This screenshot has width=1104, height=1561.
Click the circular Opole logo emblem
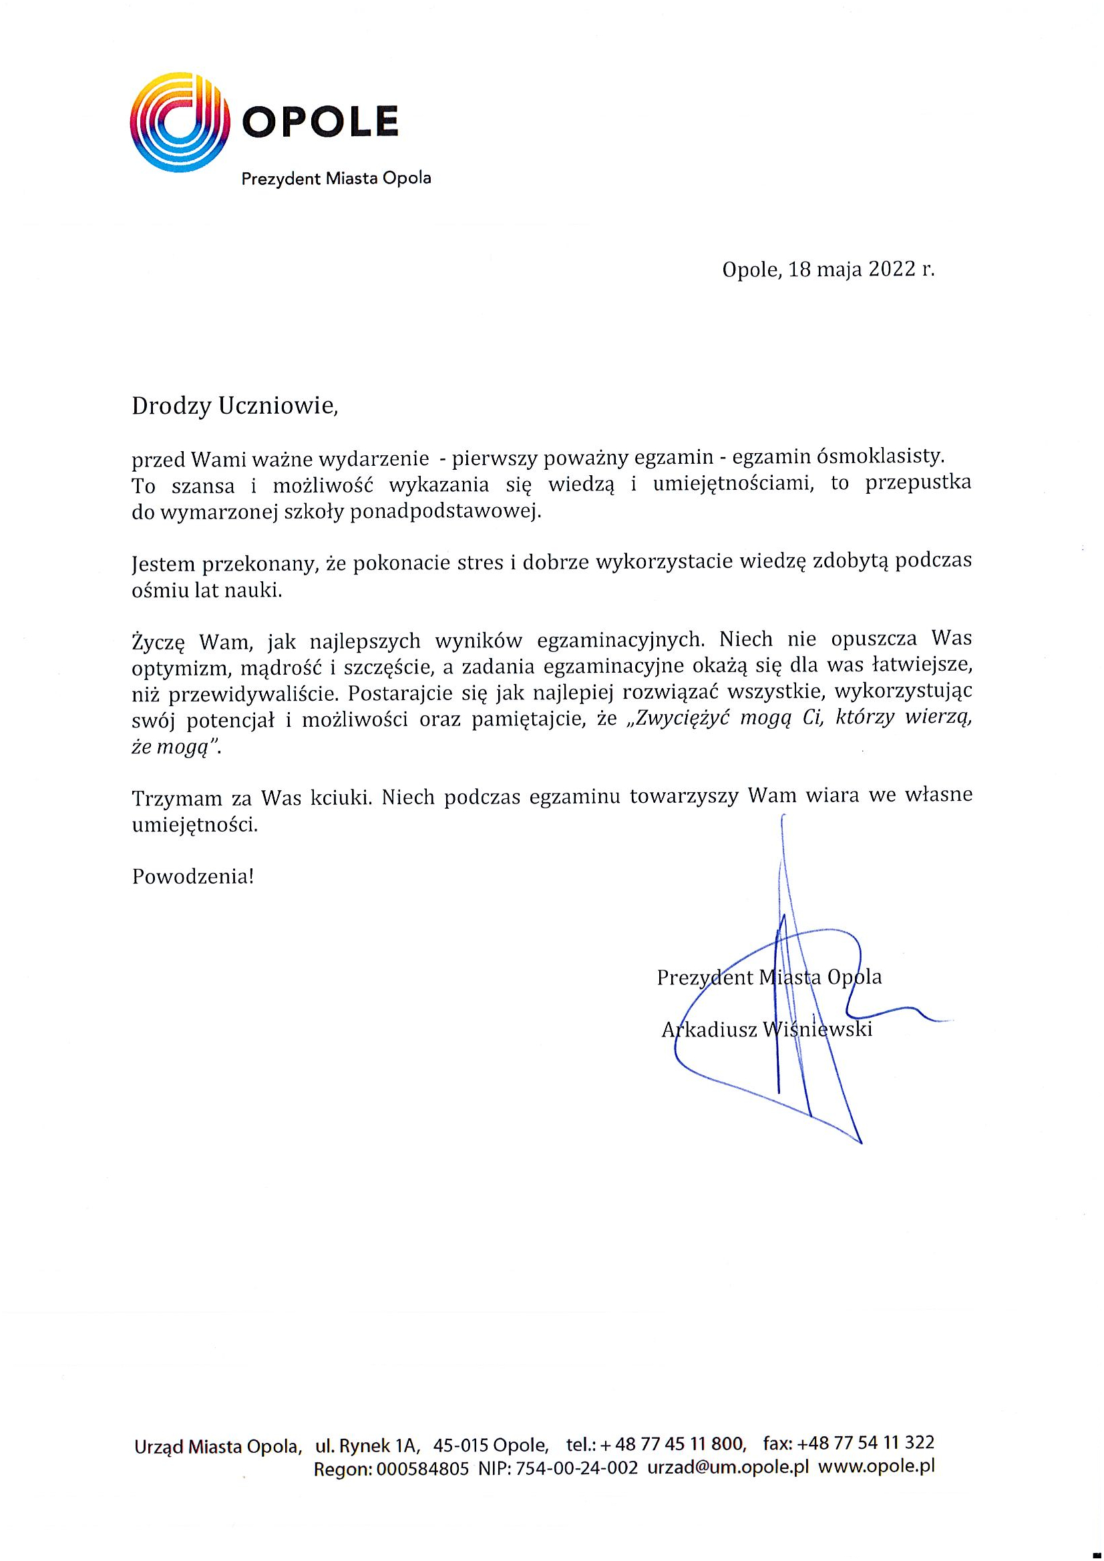(178, 122)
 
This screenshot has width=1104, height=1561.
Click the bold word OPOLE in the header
(320, 122)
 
